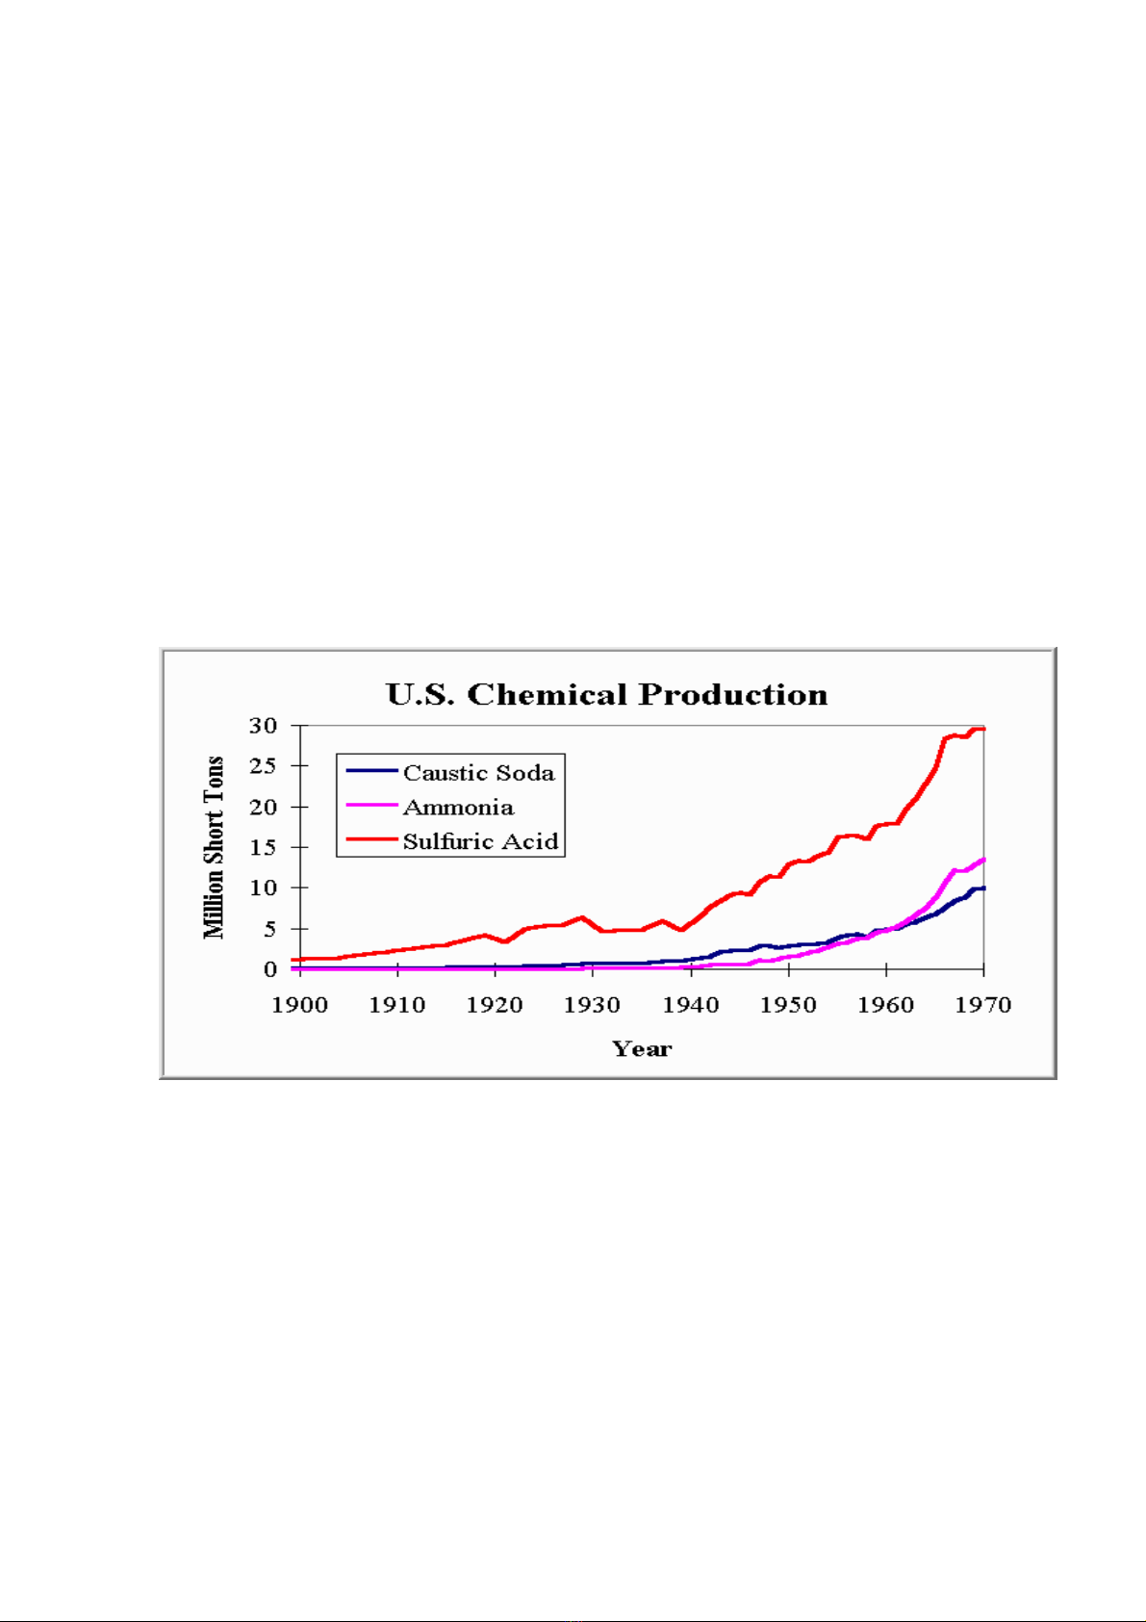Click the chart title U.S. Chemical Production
(x=606, y=694)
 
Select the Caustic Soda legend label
(x=478, y=773)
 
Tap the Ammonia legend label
(x=458, y=807)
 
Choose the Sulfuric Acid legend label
(x=480, y=841)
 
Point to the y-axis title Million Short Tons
(x=214, y=847)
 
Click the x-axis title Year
(x=642, y=1048)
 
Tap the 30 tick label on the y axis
(x=263, y=726)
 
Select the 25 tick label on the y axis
(x=263, y=766)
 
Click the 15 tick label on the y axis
(x=263, y=847)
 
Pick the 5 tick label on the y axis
(x=270, y=929)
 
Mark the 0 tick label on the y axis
(x=270, y=969)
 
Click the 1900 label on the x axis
(x=300, y=1005)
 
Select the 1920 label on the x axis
(x=495, y=1005)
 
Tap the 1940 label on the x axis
(x=691, y=1005)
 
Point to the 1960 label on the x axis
(x=886, y=1005)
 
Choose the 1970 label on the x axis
(x=983, y=1005)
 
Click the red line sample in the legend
(x=371, y=839)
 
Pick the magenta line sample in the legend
(x=371, y=805)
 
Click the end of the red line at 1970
(x=982, y=729)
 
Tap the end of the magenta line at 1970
(x=982, y=860)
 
